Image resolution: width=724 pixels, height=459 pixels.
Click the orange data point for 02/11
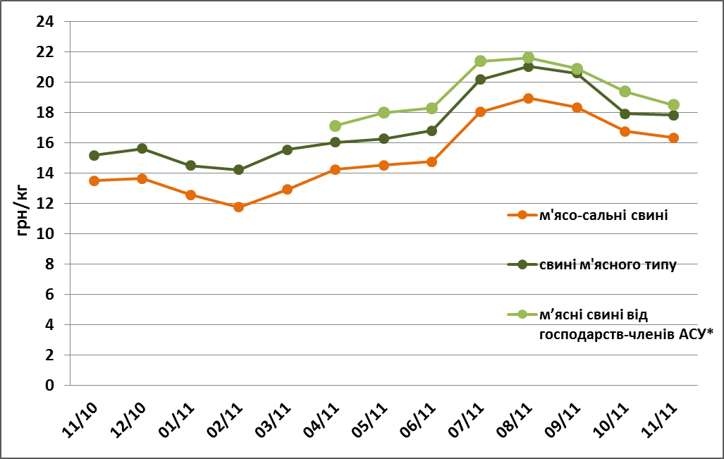pyautogui.click(x=238, y=207)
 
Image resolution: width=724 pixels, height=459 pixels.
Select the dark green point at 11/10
pyautogui.click(x=94, y=155)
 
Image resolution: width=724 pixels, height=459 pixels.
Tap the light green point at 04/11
pyautogui.click(x=335, y=126)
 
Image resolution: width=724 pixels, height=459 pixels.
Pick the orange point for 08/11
pyautogui.click(x=528, y=99)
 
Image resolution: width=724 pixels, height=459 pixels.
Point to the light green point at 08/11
pyautogui.click(x=528, y=58)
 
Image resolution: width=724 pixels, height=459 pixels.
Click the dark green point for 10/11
pyautogui.click(x=625, y=114)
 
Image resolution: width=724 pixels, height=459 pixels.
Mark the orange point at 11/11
pyautogui.click(x=673, y=138)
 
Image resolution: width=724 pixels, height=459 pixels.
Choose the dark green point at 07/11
pyautogui.click(x=480, y=80)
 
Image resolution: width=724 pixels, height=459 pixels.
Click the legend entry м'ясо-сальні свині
pyautogui.click(x=603, y=215)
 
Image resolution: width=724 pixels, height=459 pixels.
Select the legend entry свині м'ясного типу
pyautogui.click(x=608, y=264)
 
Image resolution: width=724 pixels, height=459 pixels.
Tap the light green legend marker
pyautogui.click(x=522, y=314)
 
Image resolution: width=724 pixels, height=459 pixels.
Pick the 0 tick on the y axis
pyautogui.click(x=49, y=386)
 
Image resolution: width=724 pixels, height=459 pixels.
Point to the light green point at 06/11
pyautogui.click(x=431, y=109)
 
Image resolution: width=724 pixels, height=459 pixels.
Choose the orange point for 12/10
pyautogui.click(x=142, y=179)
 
